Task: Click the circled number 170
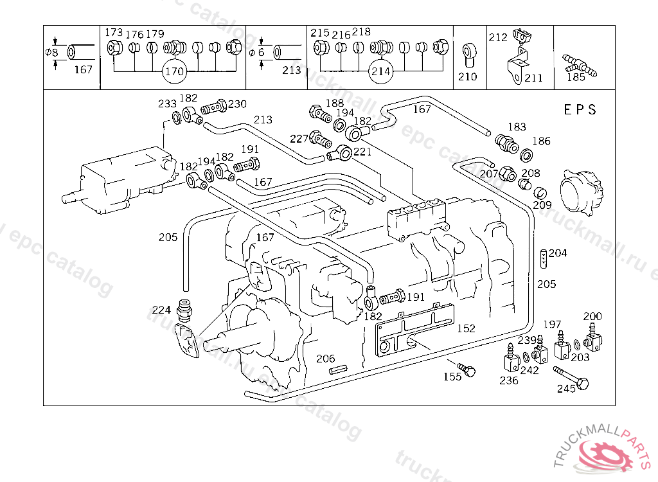click(175, 71)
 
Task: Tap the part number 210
click(468, 76)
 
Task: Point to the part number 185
click(576, 77)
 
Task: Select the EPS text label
click(580, 109)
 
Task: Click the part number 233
click(168, 103)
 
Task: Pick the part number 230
click(237, 103)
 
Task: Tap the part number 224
click(161, 309)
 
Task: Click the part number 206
click(326, 359)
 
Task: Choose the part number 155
click(452, 377)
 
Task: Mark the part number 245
click(566, 388)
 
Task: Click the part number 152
click(466, 328)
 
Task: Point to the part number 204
click(558, 253)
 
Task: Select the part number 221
click(362, 152)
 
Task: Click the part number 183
click(517, 127)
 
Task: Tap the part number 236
click(509, 380)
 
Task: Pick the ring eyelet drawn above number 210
click(467, 53)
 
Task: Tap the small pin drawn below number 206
click(338, 370)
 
